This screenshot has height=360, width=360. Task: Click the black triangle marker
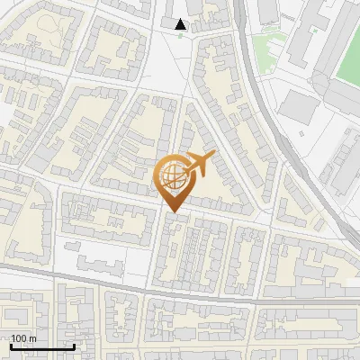[181, 24]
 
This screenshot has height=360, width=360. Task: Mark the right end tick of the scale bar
[74, 346]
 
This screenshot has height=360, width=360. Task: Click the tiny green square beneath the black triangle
[193, 37]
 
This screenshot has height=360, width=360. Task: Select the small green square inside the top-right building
[314, 30]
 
